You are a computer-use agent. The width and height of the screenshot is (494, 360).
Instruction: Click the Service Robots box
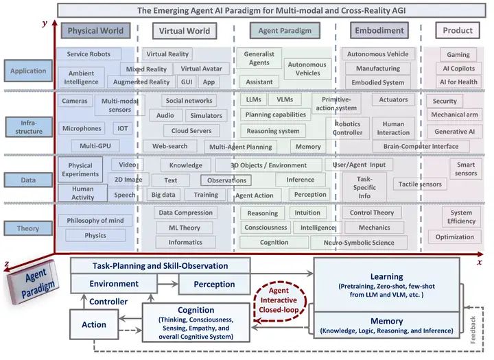(x=93, y=54)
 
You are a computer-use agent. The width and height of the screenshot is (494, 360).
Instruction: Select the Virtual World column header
(x=184, y=31)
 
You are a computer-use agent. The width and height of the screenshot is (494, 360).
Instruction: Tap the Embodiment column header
(x=379, y=31)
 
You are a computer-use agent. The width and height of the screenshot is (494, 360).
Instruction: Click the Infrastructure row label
(x=29, y=126)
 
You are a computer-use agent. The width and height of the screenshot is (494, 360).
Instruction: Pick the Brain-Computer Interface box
(x=421, y=146)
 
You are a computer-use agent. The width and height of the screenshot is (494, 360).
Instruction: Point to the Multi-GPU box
(x=95, y=145)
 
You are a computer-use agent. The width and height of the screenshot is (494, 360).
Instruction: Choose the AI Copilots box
(x=458, y=69)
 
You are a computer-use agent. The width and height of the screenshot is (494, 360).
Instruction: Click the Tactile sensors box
(x=419, y=184)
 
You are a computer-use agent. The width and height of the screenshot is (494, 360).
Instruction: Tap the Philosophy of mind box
(x=95, y=220)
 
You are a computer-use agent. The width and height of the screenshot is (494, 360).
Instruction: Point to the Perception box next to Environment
(x=214, y=284)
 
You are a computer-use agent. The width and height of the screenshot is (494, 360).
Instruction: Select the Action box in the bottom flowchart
(x=94, y=324)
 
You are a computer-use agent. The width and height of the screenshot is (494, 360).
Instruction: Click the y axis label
(x=45, y=23)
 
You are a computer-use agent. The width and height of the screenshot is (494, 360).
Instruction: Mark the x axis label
(x=479, y=262)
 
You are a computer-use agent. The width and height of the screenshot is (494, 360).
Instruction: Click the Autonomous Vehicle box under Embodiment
(x=377, y=54)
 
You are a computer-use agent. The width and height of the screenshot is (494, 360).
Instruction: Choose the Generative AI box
(x=454, y=131)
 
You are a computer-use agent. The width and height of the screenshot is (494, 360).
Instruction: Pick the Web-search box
(x=169, y=146)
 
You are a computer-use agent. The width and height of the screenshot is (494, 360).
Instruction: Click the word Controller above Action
(x=108, y=301)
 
